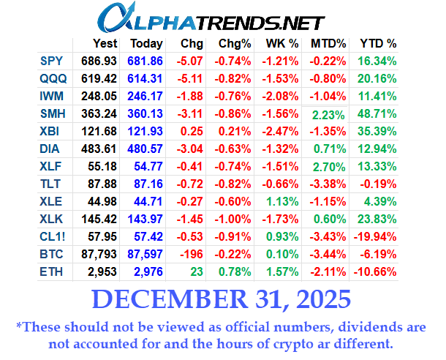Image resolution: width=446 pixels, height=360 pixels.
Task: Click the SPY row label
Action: point(52,61)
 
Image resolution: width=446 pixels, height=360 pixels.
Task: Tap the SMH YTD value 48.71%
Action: point(377,114)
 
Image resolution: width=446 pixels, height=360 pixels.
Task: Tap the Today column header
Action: point(145,43)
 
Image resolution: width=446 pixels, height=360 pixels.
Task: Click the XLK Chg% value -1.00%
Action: point(235,220)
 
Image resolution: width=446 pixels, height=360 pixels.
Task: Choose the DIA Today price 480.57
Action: point(146,149)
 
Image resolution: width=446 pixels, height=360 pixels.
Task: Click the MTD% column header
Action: point(329,43)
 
